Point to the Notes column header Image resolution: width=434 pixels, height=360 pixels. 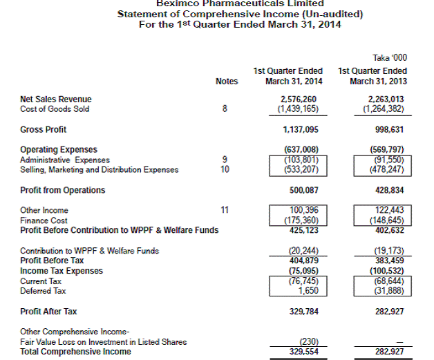(227, 82)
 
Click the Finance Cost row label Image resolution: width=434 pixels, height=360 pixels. (44, 220)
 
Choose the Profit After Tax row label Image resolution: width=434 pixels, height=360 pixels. (48, 312)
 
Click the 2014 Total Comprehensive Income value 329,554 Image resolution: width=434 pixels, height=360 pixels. (295, 352)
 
